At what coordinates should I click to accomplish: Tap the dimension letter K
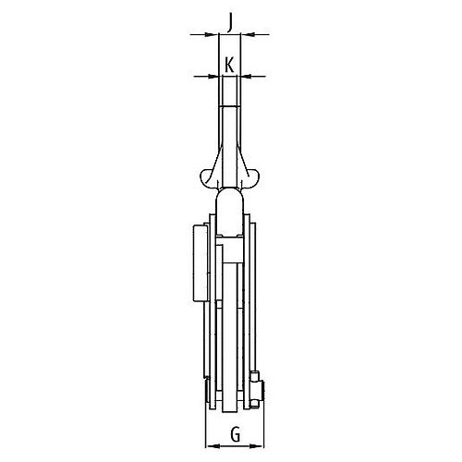click(x=229, y=65)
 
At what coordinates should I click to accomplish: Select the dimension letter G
click(x=236, y=435)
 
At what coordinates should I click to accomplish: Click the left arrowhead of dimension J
click(x=212, y=34)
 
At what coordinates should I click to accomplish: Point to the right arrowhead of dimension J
click(x=248, y=34)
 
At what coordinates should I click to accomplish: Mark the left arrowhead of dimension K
click(x=214, y=76)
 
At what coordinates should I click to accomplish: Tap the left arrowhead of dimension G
click(x=213, y=445)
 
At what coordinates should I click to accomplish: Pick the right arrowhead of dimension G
click(x=257, y=445)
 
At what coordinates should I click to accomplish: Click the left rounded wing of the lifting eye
click(x=207, y=178)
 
